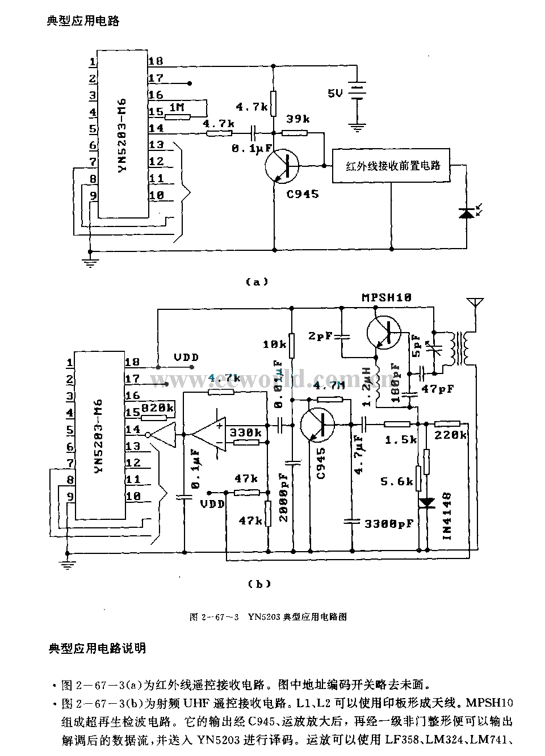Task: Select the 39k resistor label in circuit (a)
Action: click(x=297, y=119)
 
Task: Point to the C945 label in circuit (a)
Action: click(x=302, y=194)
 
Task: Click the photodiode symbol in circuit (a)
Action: click(x=466, y=213)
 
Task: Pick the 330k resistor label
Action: click(x=246, y=433)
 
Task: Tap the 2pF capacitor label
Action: click(x=320, y=336)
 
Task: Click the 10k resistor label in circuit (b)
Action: click(x=274, y=344)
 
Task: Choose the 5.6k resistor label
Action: click(x=396, y=481)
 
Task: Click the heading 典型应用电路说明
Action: click(x=97, y=648)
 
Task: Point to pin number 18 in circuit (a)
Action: click(x=156, y=61)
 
